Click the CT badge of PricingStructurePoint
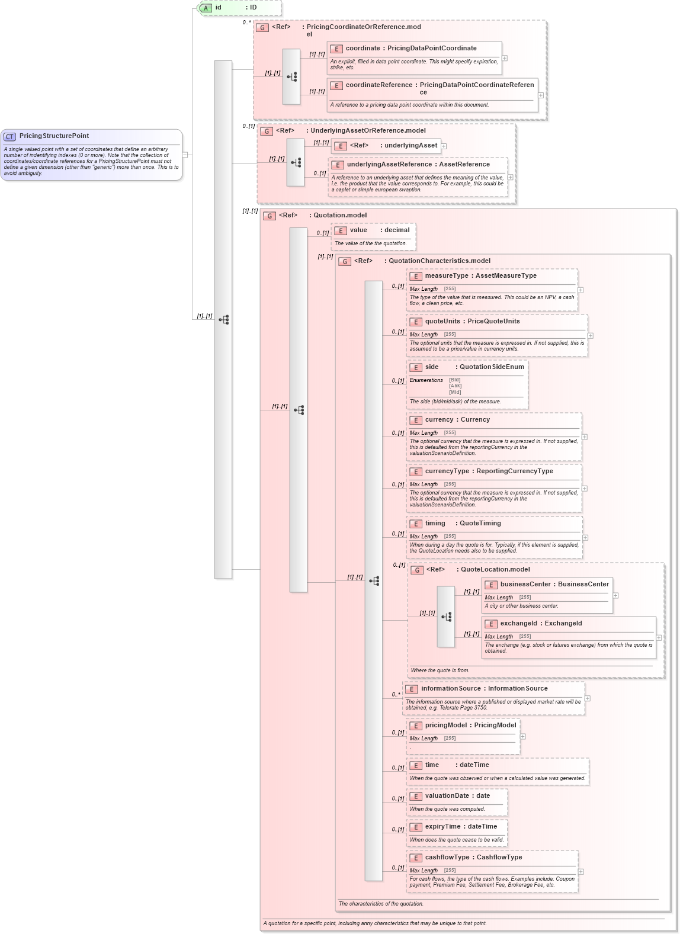[10, 137]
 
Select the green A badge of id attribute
[206, 8]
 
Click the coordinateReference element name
[379, 85]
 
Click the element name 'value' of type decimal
[358, 230]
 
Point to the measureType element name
[447, 276]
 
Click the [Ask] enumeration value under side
[455, 386]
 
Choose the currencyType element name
[447, 471]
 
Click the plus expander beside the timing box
[585, 538]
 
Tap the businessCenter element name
[525, 585]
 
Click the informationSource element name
[451, 689]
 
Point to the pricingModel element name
[446, 726]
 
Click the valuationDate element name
[447, 796]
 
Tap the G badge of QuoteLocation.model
[417, 570]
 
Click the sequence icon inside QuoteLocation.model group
[446, 617]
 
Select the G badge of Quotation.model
[270, 216]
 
